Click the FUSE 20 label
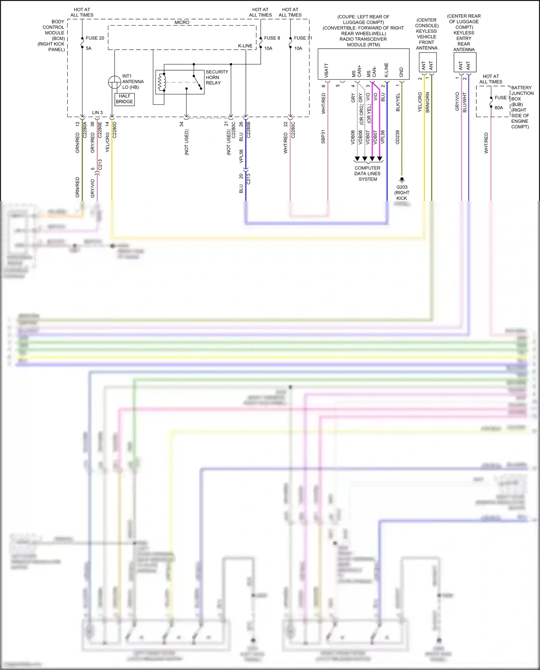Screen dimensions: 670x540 95,38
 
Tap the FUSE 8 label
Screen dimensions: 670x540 272,38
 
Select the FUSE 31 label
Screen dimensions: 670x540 303,38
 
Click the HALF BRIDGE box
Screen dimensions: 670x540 124,99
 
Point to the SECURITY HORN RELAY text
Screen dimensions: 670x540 217,77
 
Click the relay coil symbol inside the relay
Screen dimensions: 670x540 162,82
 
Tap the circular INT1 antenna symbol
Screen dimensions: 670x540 114,82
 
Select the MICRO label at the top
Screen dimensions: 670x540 182,22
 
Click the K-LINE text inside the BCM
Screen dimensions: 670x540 245,46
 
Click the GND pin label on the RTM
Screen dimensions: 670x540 401,72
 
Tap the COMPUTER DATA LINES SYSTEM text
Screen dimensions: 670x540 367,174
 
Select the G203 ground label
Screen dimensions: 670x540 402,187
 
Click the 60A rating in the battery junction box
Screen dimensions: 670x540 499,108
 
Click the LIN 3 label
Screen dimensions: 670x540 97,113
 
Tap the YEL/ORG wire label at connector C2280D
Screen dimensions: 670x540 107,142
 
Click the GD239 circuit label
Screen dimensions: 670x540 397,137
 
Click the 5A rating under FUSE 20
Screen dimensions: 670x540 89,48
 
